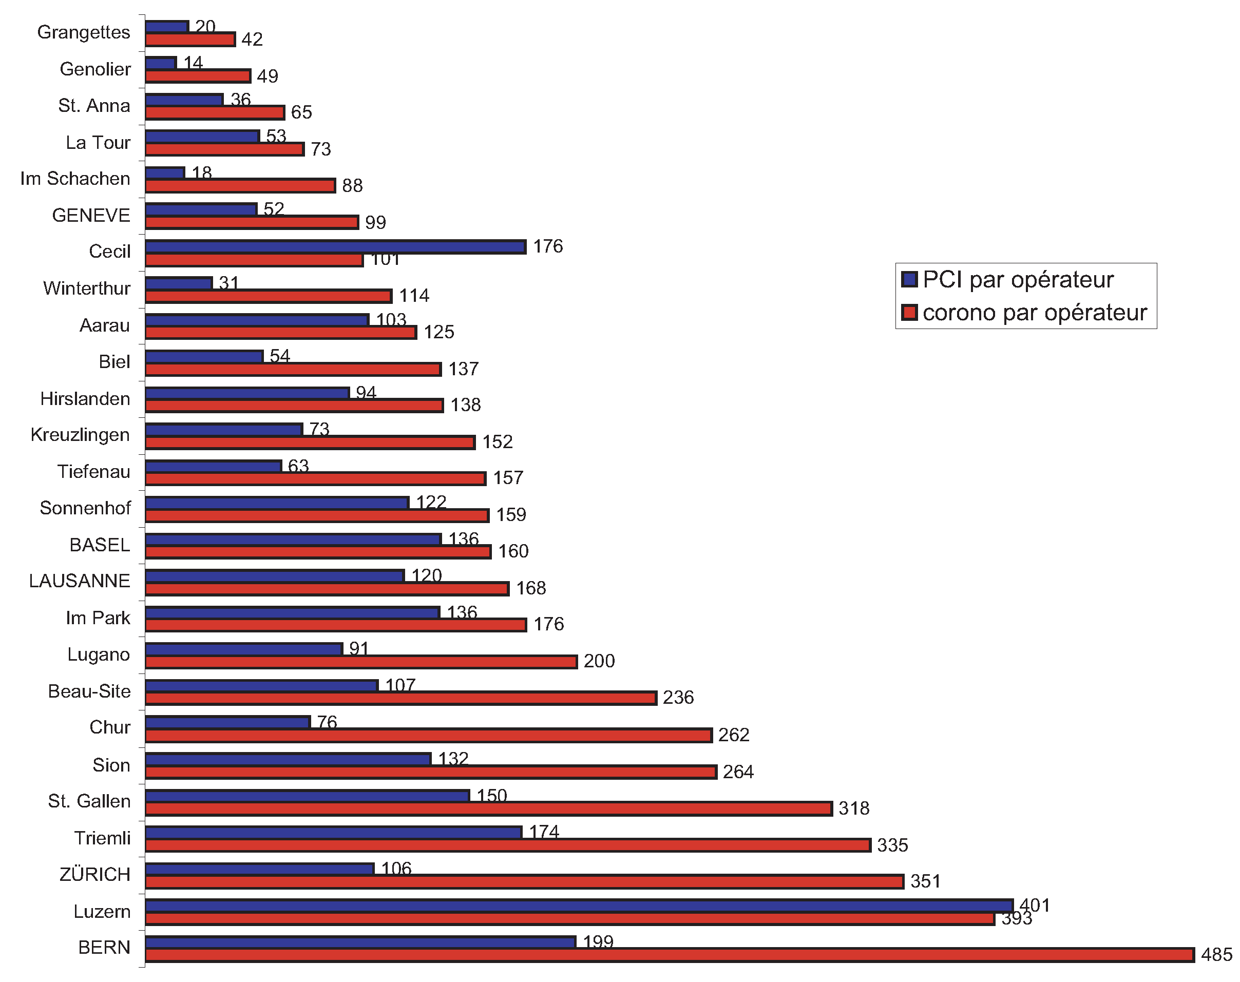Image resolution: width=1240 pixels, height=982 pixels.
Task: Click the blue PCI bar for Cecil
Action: (x=335, y=246)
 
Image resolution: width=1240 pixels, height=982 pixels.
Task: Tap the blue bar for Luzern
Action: (x=579, y=906)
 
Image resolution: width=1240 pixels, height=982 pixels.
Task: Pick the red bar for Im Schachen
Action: (x=240, y=186)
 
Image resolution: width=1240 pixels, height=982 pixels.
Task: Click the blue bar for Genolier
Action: (x=161, y=63)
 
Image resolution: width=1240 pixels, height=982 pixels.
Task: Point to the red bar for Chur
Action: (x=428, y=736)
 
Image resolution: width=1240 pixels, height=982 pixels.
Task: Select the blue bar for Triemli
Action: (x=334, y=833)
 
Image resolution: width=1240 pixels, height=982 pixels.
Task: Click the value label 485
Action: (x=1216, y=955)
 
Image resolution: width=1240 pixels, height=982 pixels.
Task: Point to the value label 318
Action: (x=854, y=808)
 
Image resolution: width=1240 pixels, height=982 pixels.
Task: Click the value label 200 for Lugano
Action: (x=599, y=661)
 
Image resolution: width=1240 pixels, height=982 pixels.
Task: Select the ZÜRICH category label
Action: (x=95, y=875)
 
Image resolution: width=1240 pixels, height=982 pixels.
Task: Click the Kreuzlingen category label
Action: (x=80, y=435)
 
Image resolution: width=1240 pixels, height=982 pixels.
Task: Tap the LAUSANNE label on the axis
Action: (x=80, y=581)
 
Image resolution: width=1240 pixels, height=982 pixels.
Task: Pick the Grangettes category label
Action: (x=84, y=32)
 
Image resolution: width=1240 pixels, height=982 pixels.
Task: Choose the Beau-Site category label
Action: (x=89, y=691)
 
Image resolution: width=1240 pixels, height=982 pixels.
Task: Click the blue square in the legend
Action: (x=909, y=279)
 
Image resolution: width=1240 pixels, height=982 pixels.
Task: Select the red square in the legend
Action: (x=909, y=312)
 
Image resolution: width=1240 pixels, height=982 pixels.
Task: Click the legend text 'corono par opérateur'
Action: (x=1035, y=312)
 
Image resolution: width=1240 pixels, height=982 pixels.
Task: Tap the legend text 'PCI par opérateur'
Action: (x=1018, y=279)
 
